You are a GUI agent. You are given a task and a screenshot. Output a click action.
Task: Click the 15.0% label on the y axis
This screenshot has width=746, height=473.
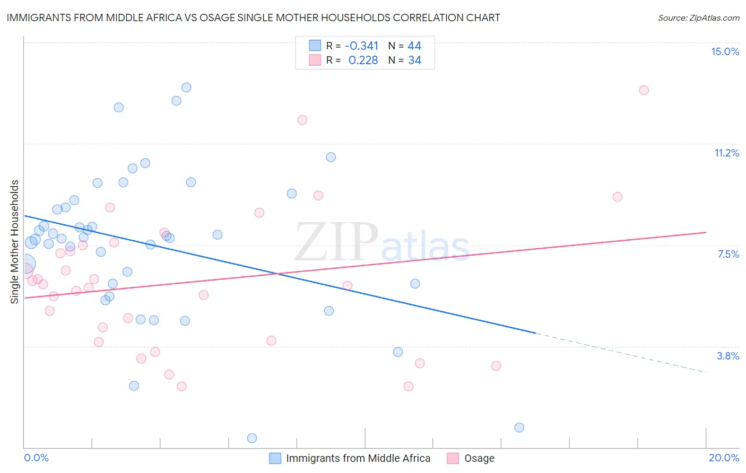pos(725,51)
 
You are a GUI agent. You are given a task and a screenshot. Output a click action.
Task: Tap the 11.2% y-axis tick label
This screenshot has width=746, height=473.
pos(726,153)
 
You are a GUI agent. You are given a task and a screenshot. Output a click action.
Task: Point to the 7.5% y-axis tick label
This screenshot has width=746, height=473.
pos(728,254)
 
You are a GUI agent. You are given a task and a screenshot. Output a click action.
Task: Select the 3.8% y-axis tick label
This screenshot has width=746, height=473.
pos(728,356)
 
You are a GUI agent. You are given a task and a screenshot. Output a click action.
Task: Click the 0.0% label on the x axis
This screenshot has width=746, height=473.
pos(36,458)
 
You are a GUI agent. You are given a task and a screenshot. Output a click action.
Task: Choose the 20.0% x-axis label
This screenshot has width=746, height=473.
pos(724,458)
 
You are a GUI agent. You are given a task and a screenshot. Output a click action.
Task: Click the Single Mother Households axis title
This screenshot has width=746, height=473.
pos(14,242)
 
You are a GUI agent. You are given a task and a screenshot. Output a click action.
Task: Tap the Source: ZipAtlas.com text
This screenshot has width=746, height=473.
pos(698,17)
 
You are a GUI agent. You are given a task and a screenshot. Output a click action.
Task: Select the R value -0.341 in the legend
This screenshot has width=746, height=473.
pos(361,46)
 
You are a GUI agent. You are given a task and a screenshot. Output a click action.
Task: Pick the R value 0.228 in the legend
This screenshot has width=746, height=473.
pos(363,60)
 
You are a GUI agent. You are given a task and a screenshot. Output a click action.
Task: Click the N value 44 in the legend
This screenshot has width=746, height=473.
pos(414,46)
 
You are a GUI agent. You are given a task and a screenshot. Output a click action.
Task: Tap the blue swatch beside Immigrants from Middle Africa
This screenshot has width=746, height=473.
pos(275,458)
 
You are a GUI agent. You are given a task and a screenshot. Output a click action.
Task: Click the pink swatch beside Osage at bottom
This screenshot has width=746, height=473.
pos(453,458)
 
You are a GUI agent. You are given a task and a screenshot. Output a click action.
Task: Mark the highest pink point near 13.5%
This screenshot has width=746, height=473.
pos(644,90)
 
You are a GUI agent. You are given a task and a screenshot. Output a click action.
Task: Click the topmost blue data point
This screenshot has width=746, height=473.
pos(186,87)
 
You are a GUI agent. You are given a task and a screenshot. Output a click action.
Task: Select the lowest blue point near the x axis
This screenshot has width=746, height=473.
pos(252,438)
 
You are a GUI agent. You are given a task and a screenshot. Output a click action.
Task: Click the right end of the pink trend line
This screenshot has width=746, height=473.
pos(706,232)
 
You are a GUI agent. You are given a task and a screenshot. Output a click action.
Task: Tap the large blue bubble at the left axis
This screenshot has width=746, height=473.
pos(25,264)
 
